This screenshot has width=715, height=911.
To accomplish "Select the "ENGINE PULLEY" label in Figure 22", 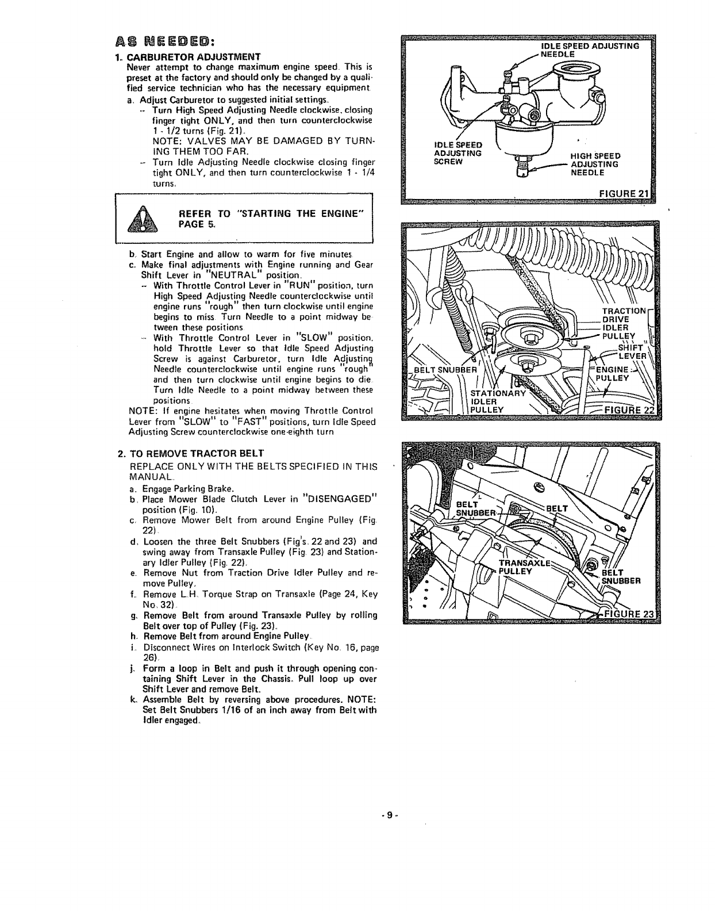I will [615, 373].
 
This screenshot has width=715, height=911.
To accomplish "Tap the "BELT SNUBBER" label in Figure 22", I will [445, 370].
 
